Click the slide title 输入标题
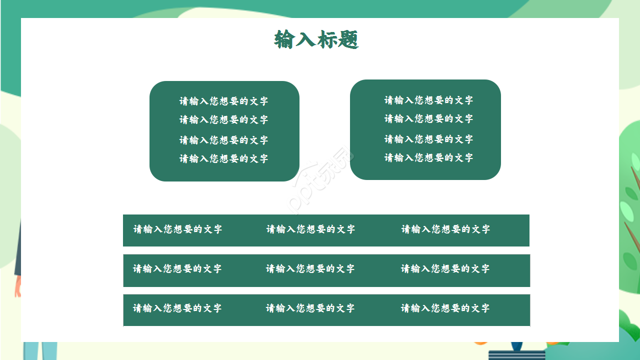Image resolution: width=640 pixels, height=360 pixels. tap(316, 39)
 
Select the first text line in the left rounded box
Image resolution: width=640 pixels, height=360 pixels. tap(224, 101)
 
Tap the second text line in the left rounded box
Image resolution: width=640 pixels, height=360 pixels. tap(224, 119)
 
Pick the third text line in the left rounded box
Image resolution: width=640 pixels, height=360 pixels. tap(224, 140)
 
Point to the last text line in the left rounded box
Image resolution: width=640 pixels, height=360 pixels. tap(224, 158)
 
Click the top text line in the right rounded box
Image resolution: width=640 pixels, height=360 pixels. tap(428, 100)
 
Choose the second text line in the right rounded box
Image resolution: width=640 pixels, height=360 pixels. tap(428, 118)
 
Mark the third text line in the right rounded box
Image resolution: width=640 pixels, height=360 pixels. tap(428, 139)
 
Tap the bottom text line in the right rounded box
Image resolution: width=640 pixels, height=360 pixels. tap(428, 157)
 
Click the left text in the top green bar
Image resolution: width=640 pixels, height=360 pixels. tap(177, 229)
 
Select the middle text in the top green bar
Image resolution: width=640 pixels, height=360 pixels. tap(310, 229)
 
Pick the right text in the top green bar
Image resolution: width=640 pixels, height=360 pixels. tap(445, 229)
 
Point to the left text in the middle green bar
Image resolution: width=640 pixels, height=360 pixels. tap(177, 268)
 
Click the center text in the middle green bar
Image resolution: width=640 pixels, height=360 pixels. tap(310, 268)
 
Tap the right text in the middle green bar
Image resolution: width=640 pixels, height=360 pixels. tap(445, 268)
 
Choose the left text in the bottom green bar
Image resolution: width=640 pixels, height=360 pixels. tap(177, 308)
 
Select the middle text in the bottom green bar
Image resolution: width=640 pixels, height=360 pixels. tap(310, 308)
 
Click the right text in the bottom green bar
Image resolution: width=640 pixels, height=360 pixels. tap(445, 308)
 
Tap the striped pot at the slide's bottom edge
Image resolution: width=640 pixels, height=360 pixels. tap(517, 354)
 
